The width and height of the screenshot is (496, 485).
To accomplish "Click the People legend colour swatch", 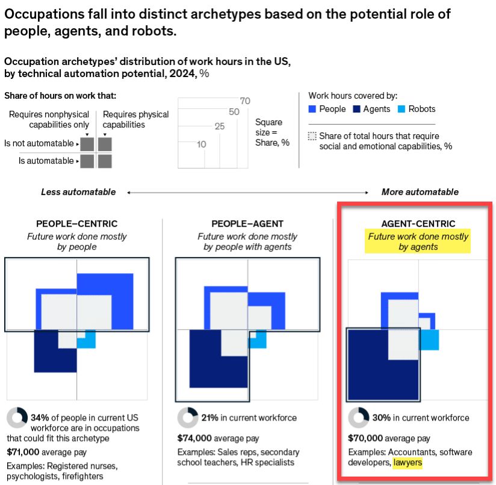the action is [312, 109].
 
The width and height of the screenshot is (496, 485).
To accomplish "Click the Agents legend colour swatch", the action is [356, 109].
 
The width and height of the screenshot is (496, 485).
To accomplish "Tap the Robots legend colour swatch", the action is [401, 109].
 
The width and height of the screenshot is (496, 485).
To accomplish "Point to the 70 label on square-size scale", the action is [245, 101].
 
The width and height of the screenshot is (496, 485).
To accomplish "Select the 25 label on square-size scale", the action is [220, 126].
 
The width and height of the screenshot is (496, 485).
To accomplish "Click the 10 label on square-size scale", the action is [202, 144].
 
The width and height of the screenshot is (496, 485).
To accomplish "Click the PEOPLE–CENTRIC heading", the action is [77, 224].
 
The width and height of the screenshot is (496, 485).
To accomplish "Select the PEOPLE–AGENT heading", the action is [247, 224].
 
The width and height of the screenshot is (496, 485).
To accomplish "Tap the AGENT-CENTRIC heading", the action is [418, 224].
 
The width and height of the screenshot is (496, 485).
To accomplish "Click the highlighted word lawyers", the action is [408, 463].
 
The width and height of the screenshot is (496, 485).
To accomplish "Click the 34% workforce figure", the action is [40, 418].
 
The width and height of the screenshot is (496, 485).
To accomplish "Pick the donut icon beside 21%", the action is [188, 418].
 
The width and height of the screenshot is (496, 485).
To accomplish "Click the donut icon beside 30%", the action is [359, 418].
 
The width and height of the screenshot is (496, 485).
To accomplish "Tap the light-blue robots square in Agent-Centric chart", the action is [429, 340].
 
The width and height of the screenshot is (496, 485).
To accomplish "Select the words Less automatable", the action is [78, 192].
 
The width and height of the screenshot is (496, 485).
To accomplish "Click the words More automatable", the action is [420, 192].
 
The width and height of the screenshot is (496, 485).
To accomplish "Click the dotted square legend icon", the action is [312, 136].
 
